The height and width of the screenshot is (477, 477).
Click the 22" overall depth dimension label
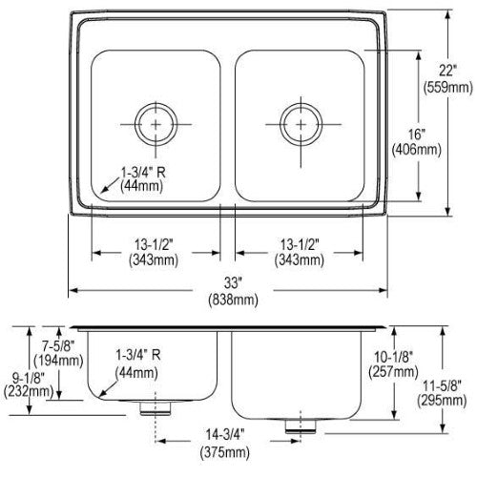point(447,71)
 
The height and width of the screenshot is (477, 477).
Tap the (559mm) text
point(447,87)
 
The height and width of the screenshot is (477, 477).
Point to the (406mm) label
point(417,150)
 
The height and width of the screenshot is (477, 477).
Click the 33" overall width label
point(233,282)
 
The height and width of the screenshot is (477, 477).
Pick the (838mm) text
point(233,300)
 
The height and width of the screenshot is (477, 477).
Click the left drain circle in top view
point(156,124)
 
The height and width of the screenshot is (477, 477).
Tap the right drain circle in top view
point(301,124)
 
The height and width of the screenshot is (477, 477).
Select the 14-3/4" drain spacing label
point(225,434)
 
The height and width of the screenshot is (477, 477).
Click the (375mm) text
point(225,452)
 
